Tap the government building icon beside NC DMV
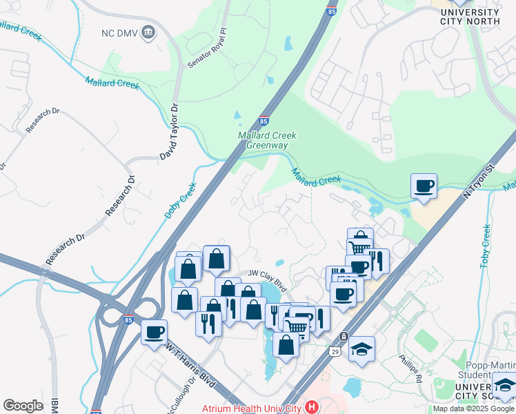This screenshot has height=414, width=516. pyautogui.click(x=148, y=32)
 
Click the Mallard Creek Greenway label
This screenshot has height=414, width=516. pyautogui.click(x=267, y=141)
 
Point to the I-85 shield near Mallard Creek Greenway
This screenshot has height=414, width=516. pyautogui.click(x=264, y=120)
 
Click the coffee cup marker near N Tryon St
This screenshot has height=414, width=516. pyautogui.click(x=424, y=186)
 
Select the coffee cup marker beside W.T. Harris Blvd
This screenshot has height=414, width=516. pyautogui.click(x=154, y=332)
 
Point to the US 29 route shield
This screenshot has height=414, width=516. pyautogui.click(x=344, y=337)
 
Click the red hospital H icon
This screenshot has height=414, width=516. pyautogui.click(x=310, y=408)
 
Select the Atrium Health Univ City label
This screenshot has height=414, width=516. pyautogui.click(x=251, y=408)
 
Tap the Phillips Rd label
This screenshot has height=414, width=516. pyautogui.click(x=410, y=368)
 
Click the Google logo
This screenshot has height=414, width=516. pyautogui.click(x=23, y=406)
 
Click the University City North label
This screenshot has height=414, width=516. pyautogui.click(x=469, y=17)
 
